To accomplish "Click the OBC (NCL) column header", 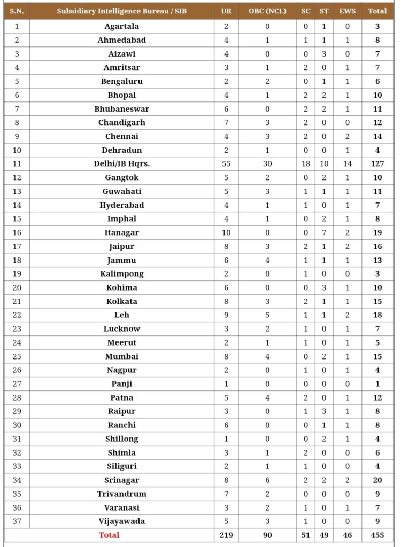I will [x=267, y=11].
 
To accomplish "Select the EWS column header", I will [x=348, y=11].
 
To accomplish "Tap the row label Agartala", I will [x=121, y=26].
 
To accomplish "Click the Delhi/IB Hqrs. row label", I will [x=121, y=163].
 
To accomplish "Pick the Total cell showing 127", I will [x=377, y=163].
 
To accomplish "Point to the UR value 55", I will [x=226, y=163].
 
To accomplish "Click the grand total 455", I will [x=377, y=534].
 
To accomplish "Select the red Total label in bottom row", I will [x=109, y=534].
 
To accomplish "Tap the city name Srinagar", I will [x=121, y=480].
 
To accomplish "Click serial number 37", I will [x=17, y=521].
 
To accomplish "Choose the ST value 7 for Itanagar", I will [x=324, y=232].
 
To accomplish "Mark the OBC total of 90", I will [x=267, y=534].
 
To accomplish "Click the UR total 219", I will [x=226, y=534].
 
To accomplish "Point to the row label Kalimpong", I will [x=121, y=273].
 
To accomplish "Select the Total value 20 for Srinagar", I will [x=377, y=480].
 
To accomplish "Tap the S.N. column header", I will [x=17, y=11].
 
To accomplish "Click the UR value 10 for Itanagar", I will [x=226, y=232].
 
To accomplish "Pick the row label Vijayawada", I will [x=121, y=521].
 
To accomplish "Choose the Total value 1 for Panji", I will [x=377, y=384].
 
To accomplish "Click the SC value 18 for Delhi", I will [x=305, y=163].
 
